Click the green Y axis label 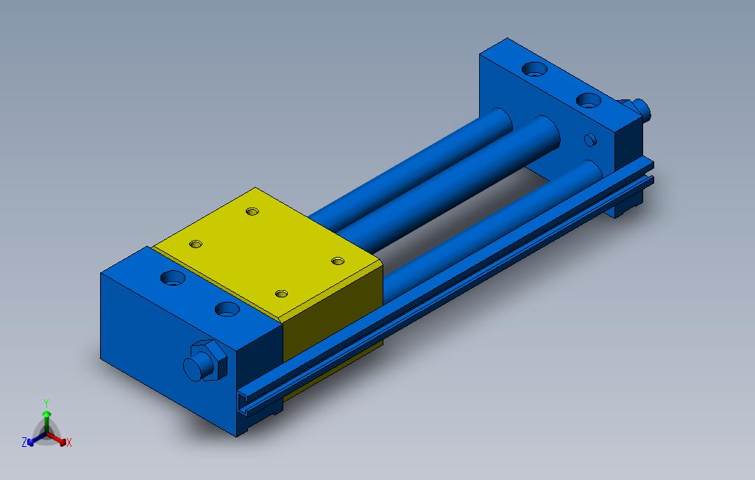point(46,403)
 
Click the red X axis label point(69,442)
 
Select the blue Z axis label point(24,442)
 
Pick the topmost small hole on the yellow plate point(252,211)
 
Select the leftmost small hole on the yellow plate point(195,243)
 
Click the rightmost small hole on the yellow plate point(338,261)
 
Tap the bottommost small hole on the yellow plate point(280,293)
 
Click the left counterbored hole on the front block point(173,279)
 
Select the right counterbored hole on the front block point(227,308)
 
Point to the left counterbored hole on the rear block point(533,70)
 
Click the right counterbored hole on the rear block point(587,100)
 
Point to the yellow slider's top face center point(269,254)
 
